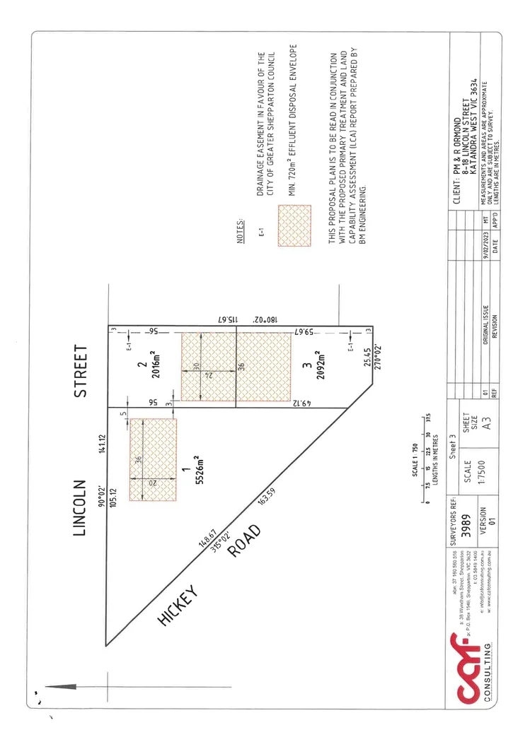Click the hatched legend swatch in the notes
[x=294, y=224]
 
